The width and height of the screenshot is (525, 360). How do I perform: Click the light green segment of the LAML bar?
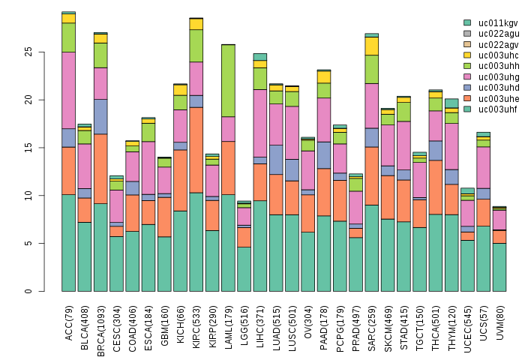pos(229,81)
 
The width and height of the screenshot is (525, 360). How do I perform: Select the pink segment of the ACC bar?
pos(69,90)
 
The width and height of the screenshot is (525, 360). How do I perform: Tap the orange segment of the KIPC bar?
pos(196,150)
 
